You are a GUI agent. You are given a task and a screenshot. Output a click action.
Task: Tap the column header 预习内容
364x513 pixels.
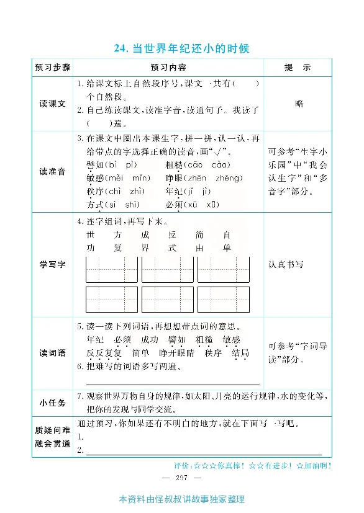pyautogui.click(x=168, y=67)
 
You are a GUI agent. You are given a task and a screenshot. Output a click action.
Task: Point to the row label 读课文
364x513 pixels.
pyautogui.click(x=53, y=104)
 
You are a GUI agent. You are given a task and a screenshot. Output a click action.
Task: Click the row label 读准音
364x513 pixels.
pyautogui.click(x=53, y=172)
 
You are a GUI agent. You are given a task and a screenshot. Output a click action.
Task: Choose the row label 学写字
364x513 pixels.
pyautogui.click(x=53, y=264)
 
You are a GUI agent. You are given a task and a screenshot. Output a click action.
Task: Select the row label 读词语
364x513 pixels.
pyautogui.click(x=53, y=353)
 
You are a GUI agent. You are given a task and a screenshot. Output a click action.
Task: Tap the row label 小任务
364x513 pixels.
pyautogui.click(x=53, y=402)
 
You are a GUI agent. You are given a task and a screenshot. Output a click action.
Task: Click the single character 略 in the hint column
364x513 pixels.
pyautogui.click(x=300, y=104)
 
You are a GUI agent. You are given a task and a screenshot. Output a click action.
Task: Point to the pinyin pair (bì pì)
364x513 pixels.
pyautogui.click(x=121, y=164)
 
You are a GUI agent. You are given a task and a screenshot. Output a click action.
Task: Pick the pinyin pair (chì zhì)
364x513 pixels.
pyautogui.click(x=124, y=191)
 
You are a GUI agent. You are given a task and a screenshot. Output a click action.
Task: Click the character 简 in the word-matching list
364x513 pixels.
pyautogui.click(x=199, y=235)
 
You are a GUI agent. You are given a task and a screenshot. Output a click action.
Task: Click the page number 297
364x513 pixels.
pyautogui.click(x=182, y=477)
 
